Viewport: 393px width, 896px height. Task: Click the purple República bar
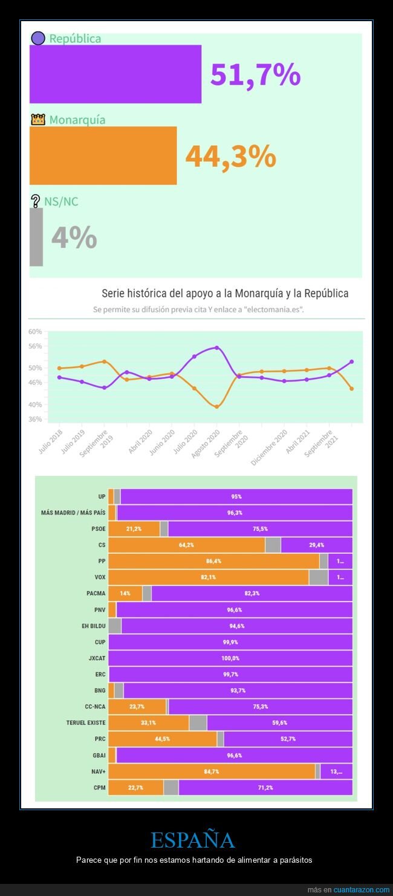pyautogui.click(x=115, y=74)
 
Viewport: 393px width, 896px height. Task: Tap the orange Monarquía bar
pyautogui.click(x=103, y=155)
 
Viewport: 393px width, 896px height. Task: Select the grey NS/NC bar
pyautogui.click(x=36, y=237)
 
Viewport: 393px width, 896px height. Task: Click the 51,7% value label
pyautogui.click(x=255, y=74)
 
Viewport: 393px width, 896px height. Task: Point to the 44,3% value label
pyautogui.click(x=230, y=156)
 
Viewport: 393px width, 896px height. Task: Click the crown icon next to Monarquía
pyautogui.click(x=38, y=119)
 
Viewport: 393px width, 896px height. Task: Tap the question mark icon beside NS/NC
pyautogui.click(x=35, y=201)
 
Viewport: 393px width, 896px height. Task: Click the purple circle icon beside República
pyautogui.click(x=38, y=38)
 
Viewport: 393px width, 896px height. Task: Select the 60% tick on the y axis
pyautogui.click(x=34, y=331)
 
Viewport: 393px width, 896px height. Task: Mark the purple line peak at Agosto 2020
pyautogui.click(x=216, y=348)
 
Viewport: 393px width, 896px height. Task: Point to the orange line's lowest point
pyautogui.click(x=216, y=406)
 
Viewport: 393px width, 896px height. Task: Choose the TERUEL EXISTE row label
pyautogui.click(x=86, y=722)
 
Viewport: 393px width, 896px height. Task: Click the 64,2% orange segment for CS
pyautogui.click(x=186, y=545)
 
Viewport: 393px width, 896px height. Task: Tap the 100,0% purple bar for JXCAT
pyautogui.click(x=230, y=658)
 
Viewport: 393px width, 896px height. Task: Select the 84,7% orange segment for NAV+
pyautogui.click(x=212, y=771)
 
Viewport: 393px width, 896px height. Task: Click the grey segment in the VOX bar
pyautogui.click(x=318, y=577)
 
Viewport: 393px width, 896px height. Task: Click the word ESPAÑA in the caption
pyautogui.click(x=192, y=840)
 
